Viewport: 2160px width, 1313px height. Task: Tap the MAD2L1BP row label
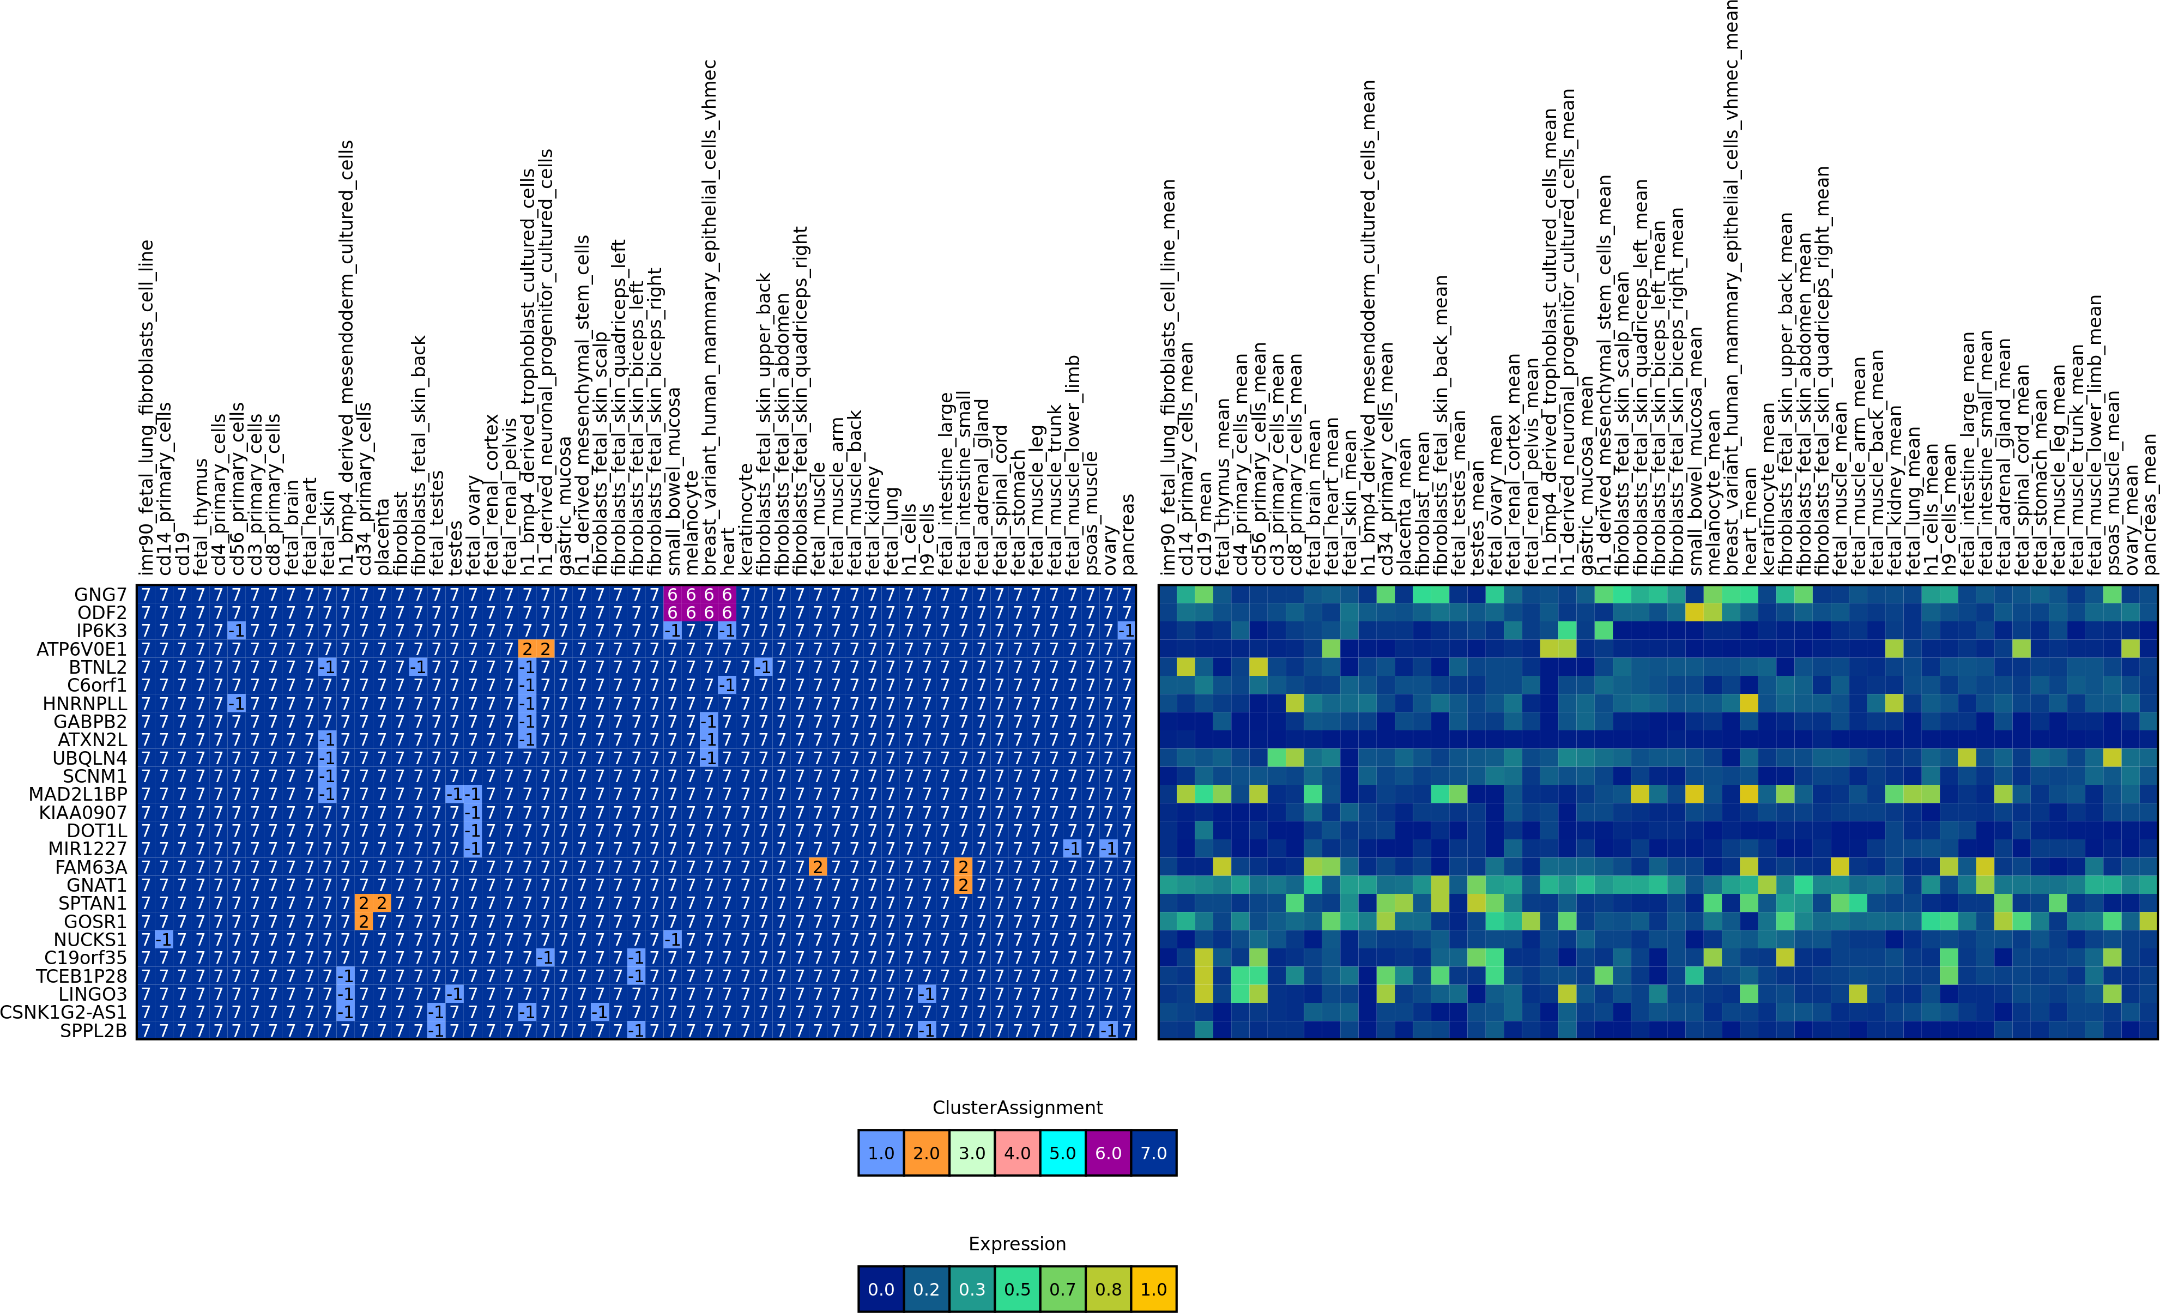77,794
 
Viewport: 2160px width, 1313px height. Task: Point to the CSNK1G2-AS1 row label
63,1012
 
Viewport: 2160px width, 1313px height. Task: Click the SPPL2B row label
93,1031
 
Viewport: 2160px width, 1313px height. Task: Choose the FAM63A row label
90,867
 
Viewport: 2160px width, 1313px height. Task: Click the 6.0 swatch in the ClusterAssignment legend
1108,1153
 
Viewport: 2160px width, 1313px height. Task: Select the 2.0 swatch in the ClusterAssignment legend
927,1153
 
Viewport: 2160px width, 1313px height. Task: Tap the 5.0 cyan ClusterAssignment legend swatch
1062,1153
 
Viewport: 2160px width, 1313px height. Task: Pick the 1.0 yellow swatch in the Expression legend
1154,1288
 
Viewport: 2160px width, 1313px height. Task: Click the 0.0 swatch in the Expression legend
881,1288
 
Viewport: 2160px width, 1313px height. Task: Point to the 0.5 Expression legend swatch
1017,1288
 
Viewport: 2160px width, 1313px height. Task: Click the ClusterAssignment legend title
1017,1107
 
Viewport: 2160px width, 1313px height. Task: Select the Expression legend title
1017,1244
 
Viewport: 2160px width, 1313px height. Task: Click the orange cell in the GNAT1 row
963,885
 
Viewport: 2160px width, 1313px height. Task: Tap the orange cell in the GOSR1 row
363,921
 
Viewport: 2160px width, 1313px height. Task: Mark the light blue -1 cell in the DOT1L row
473,830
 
